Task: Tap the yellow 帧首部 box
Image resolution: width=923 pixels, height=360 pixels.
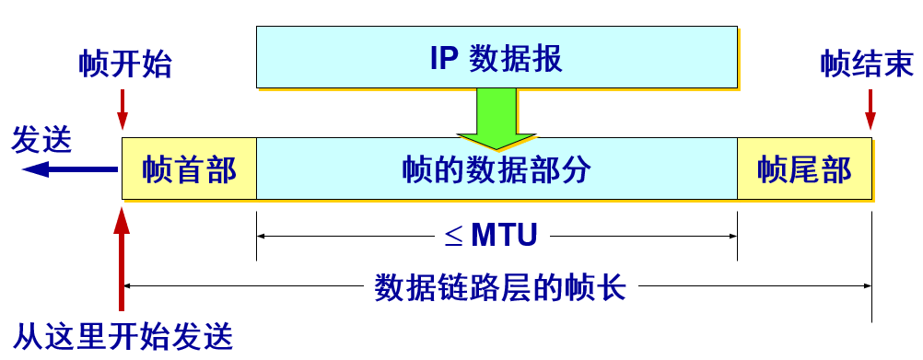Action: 189,169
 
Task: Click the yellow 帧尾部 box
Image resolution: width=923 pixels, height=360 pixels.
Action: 804,169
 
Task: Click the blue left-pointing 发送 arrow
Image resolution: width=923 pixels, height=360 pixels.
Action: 69,169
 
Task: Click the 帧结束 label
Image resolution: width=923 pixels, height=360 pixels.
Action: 867,65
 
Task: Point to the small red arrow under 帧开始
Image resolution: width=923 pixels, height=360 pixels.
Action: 123,110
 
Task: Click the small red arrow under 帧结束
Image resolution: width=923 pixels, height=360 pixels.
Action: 870,110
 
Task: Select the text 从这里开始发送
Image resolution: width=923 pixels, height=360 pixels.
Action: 124,336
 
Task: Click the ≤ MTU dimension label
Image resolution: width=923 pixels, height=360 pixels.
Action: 491,236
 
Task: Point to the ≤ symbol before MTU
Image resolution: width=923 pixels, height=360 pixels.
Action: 453,237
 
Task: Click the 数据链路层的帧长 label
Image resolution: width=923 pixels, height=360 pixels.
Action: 500,287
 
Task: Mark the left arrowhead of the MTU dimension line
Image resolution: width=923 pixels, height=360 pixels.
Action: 263,236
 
